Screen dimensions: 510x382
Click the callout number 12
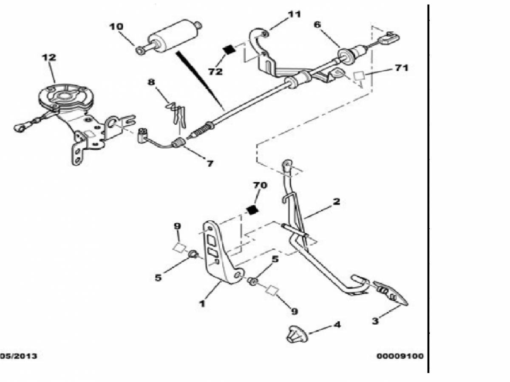click(49, 57)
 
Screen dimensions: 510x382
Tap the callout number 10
click(116, 27)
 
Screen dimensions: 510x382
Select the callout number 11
click(294, 14)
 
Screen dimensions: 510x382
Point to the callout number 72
click(215, 71)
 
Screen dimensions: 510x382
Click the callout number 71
click(401, 68)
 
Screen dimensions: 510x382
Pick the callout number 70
click(260, 185)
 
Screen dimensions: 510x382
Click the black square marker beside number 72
click(229, 50)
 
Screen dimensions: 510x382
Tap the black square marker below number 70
click(252, 210)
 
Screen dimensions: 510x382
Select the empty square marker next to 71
click(359, 76)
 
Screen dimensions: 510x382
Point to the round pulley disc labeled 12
click(66, 98)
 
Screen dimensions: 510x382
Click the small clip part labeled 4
click(297, 334)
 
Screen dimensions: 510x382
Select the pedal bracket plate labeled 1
click(221, 253)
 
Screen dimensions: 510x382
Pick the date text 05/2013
click(18, 356)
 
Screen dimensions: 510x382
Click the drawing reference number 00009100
click(400, 356)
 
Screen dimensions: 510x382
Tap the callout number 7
click(210, 164)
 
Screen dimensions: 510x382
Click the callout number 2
click(336, 201)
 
